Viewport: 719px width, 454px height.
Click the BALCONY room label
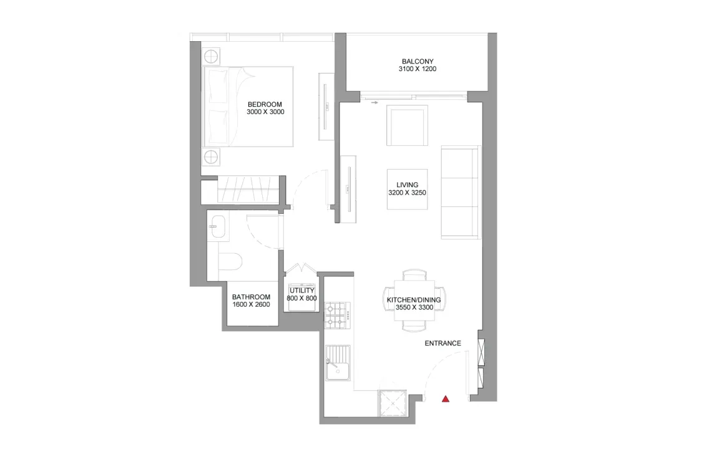click(x=418, y=61)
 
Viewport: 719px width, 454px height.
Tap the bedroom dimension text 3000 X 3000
click(x=265, y=112)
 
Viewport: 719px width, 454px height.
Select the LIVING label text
click(x=407, y=185)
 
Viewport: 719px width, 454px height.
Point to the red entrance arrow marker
click(x=446, y=398)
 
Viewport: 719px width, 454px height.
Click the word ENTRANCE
click(x=443, y=344)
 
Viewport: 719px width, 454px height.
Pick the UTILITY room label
click(x=302, y=291)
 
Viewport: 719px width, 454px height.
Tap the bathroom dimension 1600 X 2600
click(x=251, y=306)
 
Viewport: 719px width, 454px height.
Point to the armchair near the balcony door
click(x=407, y=125)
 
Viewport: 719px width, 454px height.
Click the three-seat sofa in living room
click(x=461, y=192)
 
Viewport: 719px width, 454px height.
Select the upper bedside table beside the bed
click(x=212, y=55)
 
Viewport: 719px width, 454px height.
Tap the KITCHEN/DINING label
click(x=414, y=300)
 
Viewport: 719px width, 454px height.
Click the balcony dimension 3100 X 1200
click(x=418, y=69)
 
